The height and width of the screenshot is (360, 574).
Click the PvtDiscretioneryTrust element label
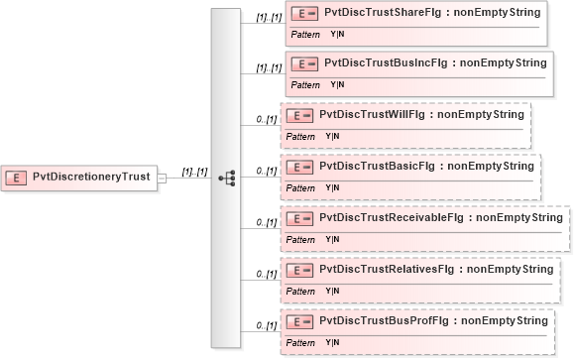click(x=91, y=178)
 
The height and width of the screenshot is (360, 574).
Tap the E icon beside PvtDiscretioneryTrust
click(x=18, y=178)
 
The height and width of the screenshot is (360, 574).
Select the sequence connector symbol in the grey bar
click(x=226, y=178)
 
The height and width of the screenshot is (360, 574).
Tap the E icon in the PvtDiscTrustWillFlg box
click(x=299, y=115)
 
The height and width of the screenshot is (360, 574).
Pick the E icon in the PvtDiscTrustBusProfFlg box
click(x=299, y=321)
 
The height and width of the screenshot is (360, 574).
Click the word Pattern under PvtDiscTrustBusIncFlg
click(x=305, y=85)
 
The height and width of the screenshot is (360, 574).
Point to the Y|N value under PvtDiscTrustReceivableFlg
click(x=332, y=239)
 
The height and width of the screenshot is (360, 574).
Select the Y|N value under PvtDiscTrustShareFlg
click(x=338, y=34)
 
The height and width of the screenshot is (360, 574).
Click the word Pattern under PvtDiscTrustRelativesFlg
click(x=300, y=291)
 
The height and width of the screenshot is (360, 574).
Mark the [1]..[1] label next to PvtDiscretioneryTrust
click(x=194, y=172)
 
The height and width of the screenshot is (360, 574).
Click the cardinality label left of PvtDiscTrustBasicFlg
click(x=265, y=171)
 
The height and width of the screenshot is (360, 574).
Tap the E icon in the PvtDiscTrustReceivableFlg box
click(x=299, y=218)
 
